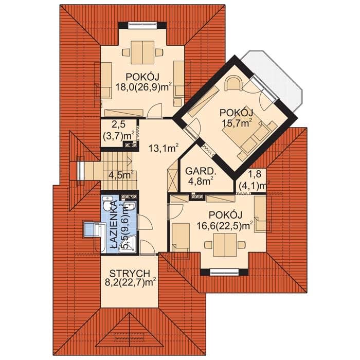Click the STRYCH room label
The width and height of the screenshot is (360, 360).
(130, 274)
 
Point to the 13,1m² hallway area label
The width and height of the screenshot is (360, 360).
(163, 148)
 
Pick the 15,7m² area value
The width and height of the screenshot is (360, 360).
(236, 123)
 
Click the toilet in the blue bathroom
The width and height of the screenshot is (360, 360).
(106, 204)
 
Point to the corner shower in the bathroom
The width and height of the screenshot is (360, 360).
(128, 244)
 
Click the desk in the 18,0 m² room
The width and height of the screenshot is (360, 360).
(142, 52)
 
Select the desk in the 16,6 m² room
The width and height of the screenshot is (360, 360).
(225, 245)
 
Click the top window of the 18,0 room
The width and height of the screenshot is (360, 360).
(142, 25)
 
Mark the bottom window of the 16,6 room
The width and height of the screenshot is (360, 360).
(224, 272)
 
